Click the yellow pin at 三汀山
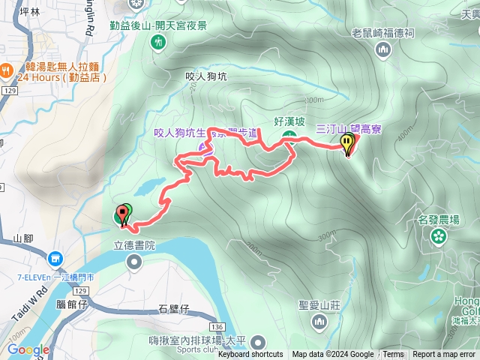click(348, 142)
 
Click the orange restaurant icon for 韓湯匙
click(7, 70)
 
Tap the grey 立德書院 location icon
click(134, 261)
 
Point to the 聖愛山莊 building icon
click(319, 322)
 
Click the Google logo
click(28, 349)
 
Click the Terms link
click(393, 355)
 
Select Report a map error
click(444, 355)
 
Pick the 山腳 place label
click(23, 238)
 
